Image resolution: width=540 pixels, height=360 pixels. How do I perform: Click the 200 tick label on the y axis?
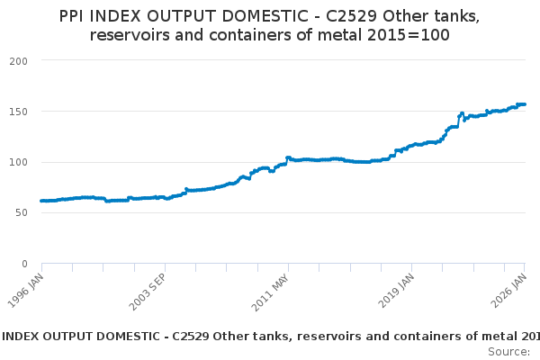[19, 61]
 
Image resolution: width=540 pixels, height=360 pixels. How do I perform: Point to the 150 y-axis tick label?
[19, 112]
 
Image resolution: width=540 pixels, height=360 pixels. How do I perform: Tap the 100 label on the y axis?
[19, 162]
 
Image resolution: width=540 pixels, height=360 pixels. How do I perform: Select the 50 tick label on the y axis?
[22, 213]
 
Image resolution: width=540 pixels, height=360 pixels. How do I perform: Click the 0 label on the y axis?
[24, 264]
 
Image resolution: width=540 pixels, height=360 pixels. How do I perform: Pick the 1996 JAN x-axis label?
[26, 291]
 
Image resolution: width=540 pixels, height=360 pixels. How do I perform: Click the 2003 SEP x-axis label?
[148, 292]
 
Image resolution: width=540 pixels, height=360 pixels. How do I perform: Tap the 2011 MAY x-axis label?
[270, 292]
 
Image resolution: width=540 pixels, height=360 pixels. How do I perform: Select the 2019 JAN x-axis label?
[396, 291]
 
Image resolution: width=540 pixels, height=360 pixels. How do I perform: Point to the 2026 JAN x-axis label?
[509, 291]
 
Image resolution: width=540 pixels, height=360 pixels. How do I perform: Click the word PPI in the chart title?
[71, 16]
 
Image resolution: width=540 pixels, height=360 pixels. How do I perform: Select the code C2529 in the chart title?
[351, 16]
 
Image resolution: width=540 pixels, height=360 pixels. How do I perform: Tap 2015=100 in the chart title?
[409, 35]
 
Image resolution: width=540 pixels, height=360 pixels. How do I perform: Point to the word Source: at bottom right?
[509, 352]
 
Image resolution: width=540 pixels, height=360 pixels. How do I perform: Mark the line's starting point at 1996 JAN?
[41, 201]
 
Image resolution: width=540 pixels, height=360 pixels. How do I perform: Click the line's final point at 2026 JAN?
[525, 104]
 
